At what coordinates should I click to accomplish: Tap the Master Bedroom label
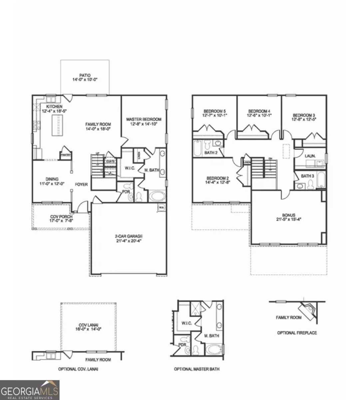click(144, 119)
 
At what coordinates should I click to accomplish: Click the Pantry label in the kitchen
click(65, 155)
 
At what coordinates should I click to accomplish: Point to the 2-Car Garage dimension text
click(129, 241)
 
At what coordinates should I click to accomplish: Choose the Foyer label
click(81, 184)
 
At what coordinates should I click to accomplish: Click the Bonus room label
click(288, 215)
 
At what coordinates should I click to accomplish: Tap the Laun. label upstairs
click(310, 156)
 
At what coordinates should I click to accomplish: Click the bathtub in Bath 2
click(197, 148)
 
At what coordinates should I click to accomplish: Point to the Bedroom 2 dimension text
click(218, 182)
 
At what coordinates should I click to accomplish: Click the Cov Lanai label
click(88, 325)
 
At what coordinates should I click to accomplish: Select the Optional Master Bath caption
click(196, 369)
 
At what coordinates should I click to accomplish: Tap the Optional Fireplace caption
click(297, 333)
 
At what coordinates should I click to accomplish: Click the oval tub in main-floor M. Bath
click(155, 196)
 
